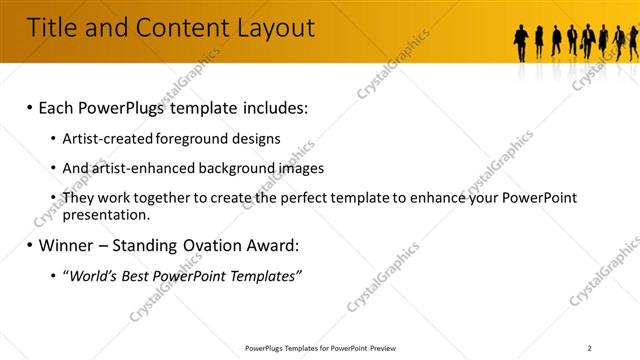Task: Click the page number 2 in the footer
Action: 590,348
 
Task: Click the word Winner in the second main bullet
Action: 71,245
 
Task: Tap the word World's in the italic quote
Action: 95,275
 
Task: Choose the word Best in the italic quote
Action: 146,275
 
